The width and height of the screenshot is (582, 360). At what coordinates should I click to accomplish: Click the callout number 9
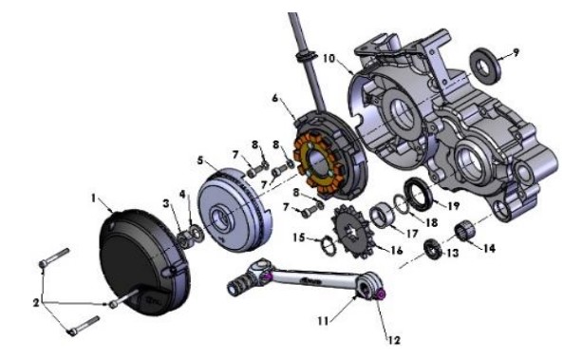[515, 52]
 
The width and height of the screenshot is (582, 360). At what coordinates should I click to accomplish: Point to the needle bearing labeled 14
[464, 230]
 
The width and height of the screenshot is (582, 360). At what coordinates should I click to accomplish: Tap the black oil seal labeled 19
[417, 198]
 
